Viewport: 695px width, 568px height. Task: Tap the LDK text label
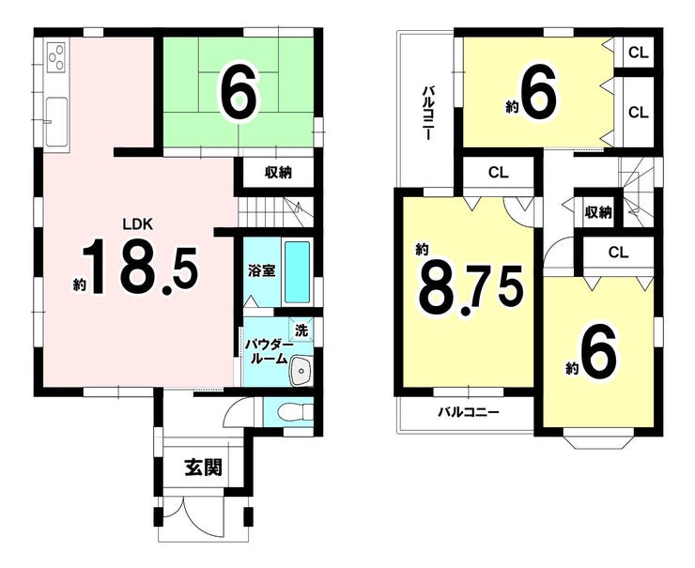point(137,224)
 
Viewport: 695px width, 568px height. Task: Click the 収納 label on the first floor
point(278,173)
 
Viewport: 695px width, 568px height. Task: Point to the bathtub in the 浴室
point(297,272)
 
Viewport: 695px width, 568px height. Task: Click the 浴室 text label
point(261,270)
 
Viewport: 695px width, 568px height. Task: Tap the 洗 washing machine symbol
point(301,330)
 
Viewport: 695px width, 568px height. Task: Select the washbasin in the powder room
point(301,370)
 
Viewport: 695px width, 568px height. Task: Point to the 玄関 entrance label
point(203,467)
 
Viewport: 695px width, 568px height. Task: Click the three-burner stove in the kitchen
point(56,57)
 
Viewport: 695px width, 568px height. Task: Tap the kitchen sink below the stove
point(56,122)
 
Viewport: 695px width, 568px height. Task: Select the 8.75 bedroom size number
point(471,289)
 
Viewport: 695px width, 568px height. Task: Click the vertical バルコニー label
point(427,113)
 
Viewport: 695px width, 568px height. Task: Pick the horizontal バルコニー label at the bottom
point(469,413)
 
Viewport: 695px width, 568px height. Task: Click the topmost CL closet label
point(639,54)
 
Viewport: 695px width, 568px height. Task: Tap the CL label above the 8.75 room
point(498,173)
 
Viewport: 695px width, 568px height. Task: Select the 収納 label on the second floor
point(598,213)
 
